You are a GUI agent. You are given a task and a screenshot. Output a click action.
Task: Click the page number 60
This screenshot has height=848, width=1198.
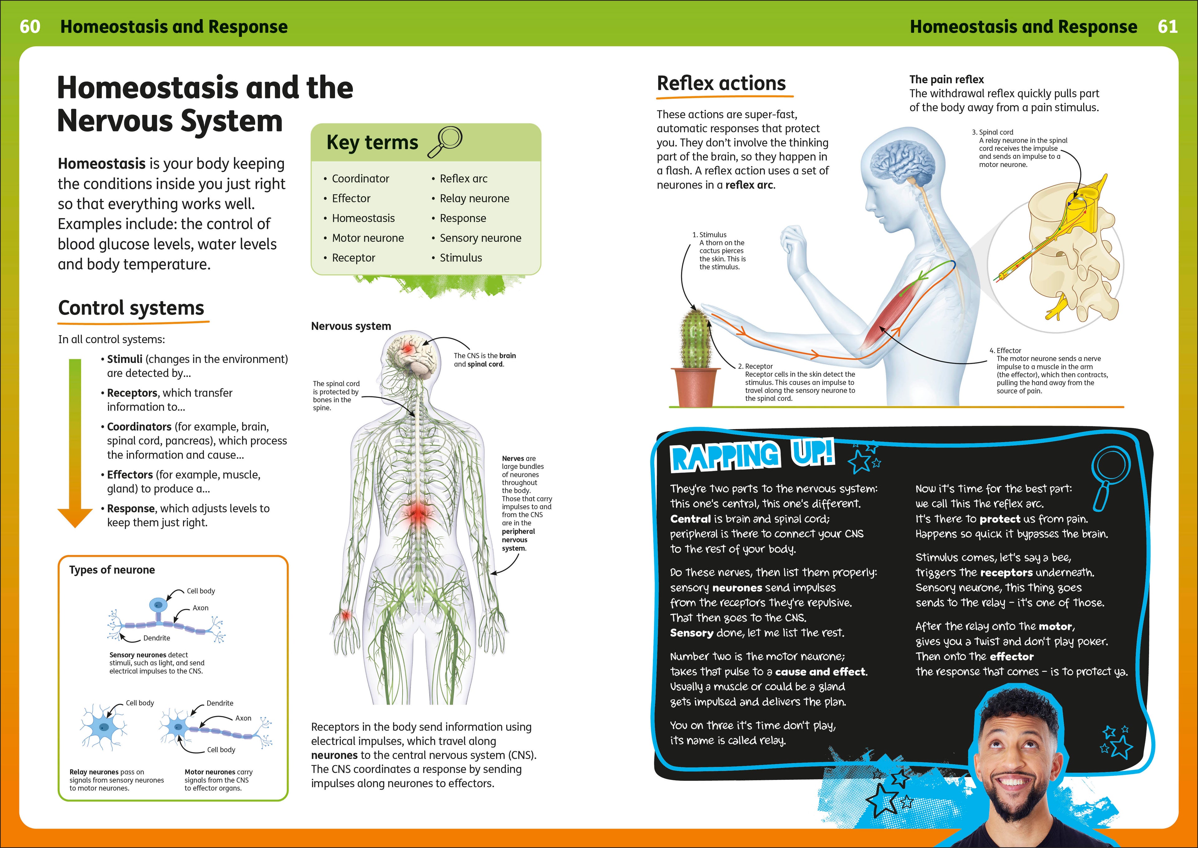point(30,27)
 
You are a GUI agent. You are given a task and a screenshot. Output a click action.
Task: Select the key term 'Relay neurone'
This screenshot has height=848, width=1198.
point(474,199)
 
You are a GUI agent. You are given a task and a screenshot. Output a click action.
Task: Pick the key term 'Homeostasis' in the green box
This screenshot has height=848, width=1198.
point(363,218)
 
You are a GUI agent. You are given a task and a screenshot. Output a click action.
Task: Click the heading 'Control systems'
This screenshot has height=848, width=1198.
point(131,308)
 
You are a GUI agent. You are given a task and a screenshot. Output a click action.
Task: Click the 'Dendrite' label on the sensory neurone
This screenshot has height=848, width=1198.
point(157,638)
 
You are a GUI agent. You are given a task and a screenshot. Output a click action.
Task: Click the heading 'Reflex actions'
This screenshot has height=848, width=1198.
point(721,84)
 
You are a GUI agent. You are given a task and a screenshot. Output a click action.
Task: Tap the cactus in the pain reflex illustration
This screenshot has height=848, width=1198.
point(696,339)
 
